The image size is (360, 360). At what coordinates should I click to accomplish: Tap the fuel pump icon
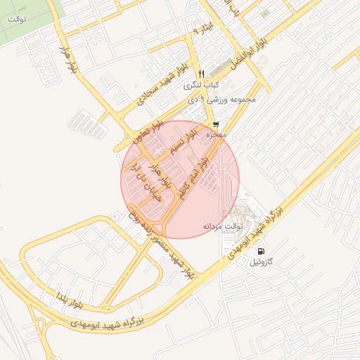(262, 251)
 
